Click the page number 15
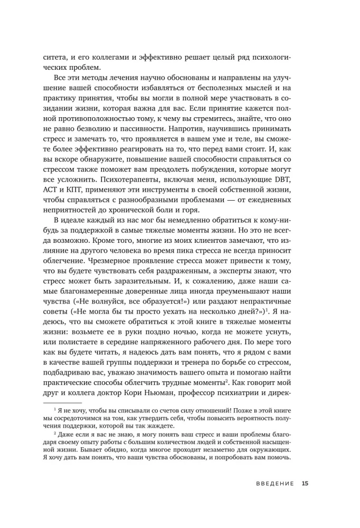305,497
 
